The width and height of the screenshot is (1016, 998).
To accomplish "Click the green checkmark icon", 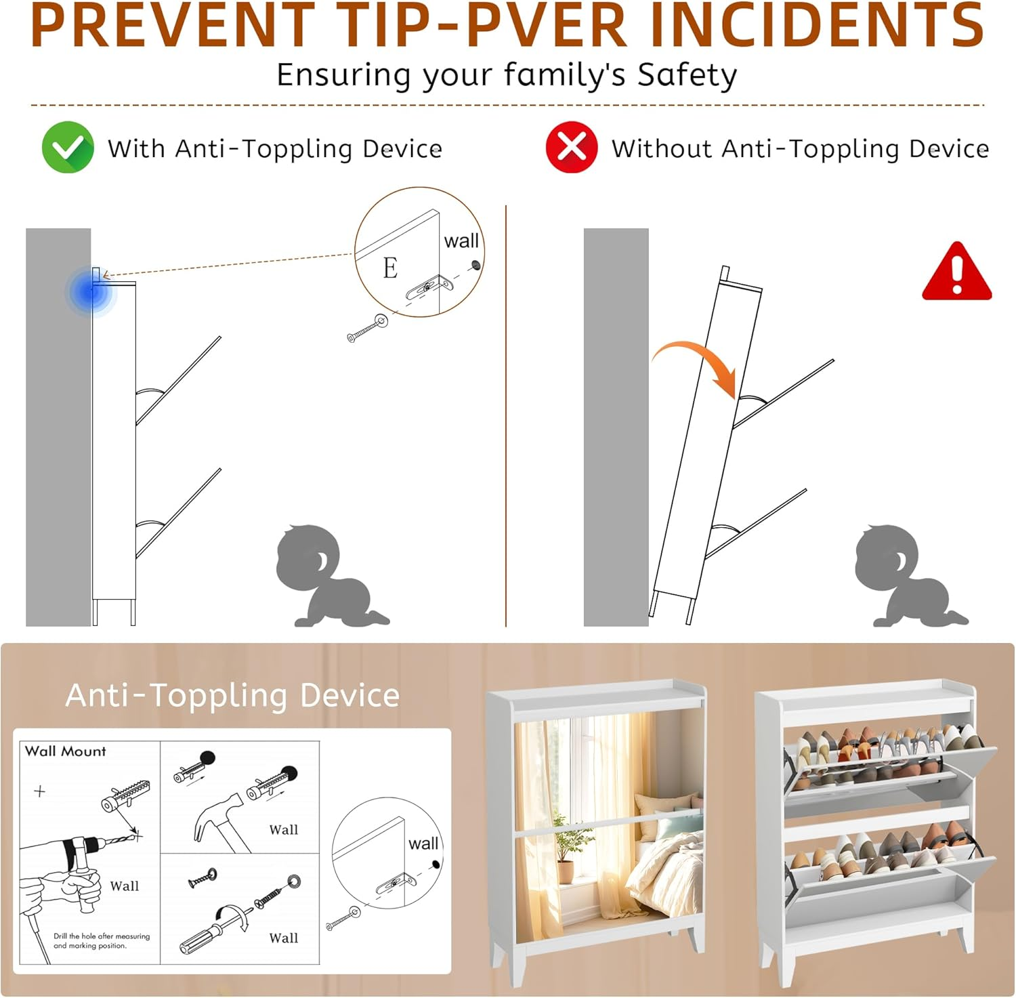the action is [68, 147].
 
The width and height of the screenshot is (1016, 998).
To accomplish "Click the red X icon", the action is [572, 147].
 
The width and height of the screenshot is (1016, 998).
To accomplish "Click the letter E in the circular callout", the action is [390, 268].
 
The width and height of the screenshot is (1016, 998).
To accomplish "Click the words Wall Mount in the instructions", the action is [66, 751].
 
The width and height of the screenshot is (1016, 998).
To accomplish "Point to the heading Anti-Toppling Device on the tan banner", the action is [232, 695].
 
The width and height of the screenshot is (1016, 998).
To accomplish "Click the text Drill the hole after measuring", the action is [102, 936].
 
